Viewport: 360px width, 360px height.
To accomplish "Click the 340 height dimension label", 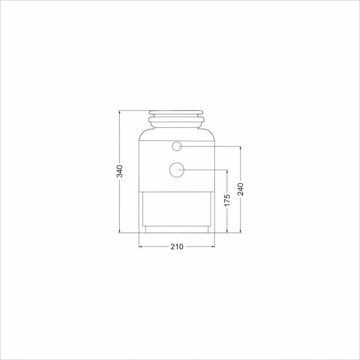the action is click(x=119, y=171).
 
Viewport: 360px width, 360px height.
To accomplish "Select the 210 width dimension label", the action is click(x=177, y=246).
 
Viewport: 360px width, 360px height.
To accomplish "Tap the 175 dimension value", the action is click(x=227, y=200).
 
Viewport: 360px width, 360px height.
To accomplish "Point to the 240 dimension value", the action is click(x=240, y=189).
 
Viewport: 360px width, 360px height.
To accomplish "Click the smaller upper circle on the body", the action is click(x=177, y=147).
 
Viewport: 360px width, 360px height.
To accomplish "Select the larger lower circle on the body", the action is click(x=177, y=170).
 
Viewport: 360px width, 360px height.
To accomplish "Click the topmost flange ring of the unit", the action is click(x=176, y=113).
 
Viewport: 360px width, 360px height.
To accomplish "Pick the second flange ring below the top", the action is click(x=176, y=119).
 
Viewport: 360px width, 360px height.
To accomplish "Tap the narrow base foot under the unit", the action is click(x=177, y=229).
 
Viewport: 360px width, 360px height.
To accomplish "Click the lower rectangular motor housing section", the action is click(x=177, y=209).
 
